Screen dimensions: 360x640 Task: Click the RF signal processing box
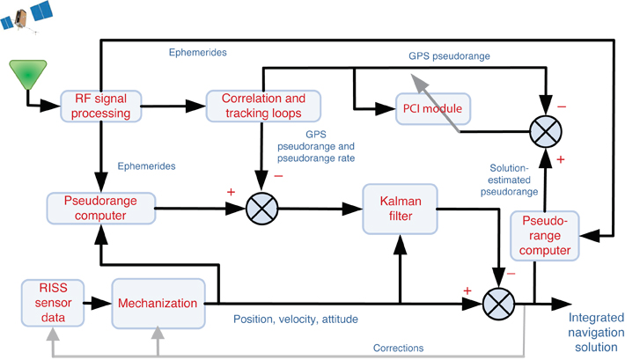click(x=101, y=106)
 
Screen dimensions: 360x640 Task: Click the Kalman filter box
click(x=399, y=209)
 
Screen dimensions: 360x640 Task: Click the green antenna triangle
click(x=27, y=73)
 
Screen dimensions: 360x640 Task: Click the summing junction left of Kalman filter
click(x=262, y=209)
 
